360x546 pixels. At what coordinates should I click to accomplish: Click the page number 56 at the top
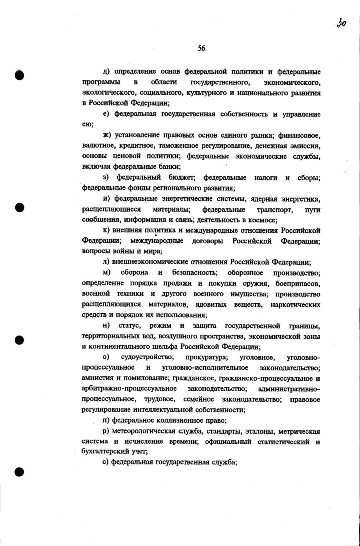click(x=201, y=48)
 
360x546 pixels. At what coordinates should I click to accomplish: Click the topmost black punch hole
click(x=20, y=75)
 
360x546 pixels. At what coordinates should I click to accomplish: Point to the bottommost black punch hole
click(x=20, y=472)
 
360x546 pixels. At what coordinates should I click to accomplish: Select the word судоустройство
click(x=147, y=357)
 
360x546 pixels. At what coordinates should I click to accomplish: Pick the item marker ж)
click(x=107, y=135)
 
